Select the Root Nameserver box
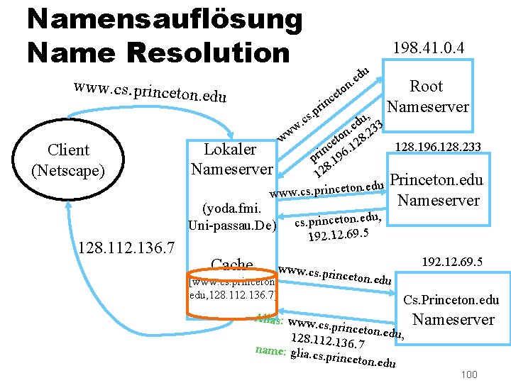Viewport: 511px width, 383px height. tap(427, 96)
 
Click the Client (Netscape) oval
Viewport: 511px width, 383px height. tap(68, 160)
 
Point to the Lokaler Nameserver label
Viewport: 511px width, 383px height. tap(231, 160)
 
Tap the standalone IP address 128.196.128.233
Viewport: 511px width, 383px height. tap(437, 148)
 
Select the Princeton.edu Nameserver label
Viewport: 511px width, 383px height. tap(437, 190)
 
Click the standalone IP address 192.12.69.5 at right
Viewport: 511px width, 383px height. tap(452, 262)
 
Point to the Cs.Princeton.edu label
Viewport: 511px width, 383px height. tap(451, 301)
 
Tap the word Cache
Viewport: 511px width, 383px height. tap(232, 265)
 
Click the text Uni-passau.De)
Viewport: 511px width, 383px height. tap(231, 226)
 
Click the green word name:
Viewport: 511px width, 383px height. tap(270, 350)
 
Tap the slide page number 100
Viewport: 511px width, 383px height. tap(468, 374)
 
